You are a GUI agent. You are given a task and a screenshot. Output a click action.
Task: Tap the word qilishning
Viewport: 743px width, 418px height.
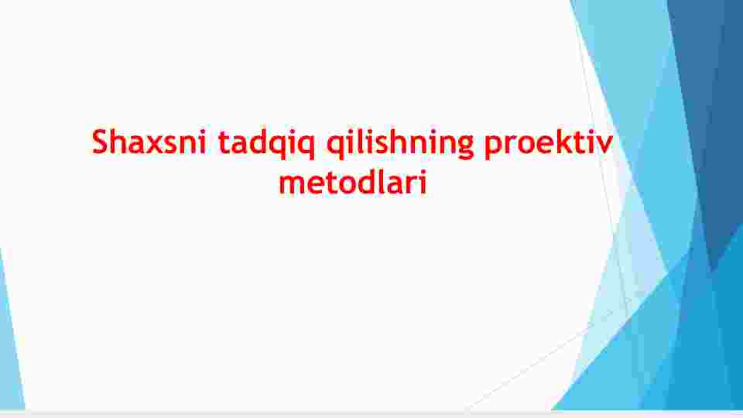tap(400, 144)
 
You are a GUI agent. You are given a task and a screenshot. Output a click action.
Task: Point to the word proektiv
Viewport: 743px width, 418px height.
tap(549, 144)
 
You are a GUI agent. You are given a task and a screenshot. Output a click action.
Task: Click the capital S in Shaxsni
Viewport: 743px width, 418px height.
tap(101, 141)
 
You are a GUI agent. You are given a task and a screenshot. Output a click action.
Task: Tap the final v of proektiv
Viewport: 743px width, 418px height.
tap(604, 145)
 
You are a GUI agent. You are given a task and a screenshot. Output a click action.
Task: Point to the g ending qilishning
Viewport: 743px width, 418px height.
tap(465, 147)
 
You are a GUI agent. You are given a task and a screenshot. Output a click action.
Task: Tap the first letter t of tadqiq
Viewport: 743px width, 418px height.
tap(224, 142)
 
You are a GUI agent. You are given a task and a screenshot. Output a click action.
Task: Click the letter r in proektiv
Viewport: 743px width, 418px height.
tap(512, 145)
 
